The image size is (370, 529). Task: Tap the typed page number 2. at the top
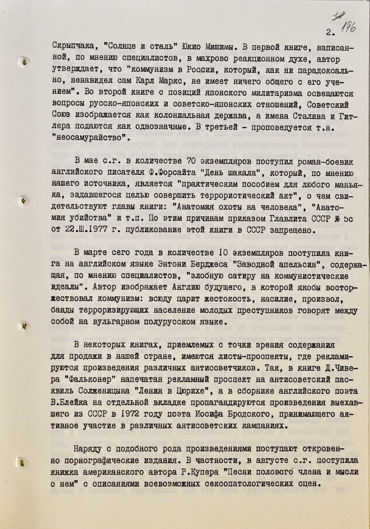point(329,32)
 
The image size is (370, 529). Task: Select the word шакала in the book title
point(242,172)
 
